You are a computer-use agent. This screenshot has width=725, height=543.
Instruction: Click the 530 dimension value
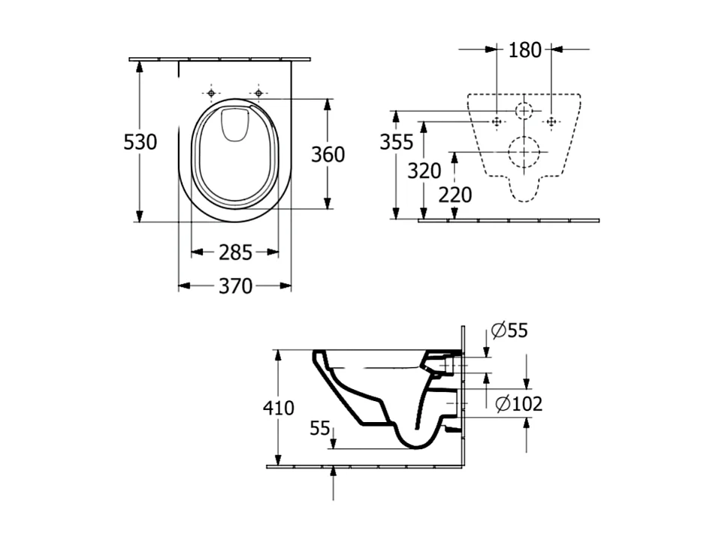coord(140,141)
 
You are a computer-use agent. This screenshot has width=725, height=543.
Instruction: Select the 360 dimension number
coord(328,154)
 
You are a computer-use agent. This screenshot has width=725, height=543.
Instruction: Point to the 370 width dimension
coord(235,286)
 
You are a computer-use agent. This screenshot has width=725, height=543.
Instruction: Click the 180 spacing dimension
coord(524,50)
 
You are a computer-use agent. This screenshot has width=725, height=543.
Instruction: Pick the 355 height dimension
coord(397,141)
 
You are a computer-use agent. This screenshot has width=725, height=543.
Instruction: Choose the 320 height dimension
coord(424,170)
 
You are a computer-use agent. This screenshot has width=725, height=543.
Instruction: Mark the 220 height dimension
coord(455,195)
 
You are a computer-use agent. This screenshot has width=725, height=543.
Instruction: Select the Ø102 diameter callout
coord(519,403)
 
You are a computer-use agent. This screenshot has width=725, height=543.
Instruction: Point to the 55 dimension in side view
coord(320,428)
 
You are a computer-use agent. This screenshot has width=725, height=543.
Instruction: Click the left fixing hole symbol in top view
coord(211,93)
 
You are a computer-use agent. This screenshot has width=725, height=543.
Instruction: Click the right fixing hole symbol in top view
coord(258,93)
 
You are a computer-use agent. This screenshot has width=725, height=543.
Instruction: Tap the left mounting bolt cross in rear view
coord(497,121)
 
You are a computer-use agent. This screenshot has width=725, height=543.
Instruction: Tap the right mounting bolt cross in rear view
coord(551,121)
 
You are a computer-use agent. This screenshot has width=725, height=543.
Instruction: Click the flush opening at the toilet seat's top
coord(234,125)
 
